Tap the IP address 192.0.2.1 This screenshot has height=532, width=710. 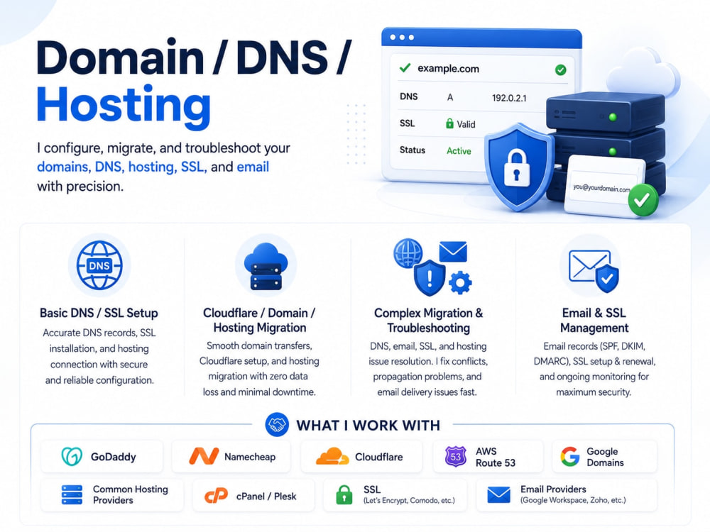[509, 98]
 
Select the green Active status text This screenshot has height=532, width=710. [459, 150]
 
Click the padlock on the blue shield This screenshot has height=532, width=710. [517, 168]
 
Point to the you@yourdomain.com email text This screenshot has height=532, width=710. [601, 188]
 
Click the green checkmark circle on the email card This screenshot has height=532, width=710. [643, 199]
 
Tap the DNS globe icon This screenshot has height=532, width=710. [99, 265]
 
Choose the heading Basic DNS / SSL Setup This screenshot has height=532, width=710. [99, 313]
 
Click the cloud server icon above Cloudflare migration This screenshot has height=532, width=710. [266, 267]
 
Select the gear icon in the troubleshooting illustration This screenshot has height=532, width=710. [460, 283]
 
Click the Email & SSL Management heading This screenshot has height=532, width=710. [594, 321]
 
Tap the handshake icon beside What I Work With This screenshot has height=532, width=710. [277, 425]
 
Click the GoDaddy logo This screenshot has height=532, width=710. [72, 456]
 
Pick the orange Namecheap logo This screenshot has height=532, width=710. [204, 456]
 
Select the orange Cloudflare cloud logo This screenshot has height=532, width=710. [332, 456]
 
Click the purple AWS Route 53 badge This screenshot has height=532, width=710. [456, 456]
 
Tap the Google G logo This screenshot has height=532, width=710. [570, 456]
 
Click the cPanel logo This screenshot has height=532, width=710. [216, 497]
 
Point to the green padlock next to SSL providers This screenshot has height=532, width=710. [344, 495]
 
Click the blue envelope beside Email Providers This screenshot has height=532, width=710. [498, 495]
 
